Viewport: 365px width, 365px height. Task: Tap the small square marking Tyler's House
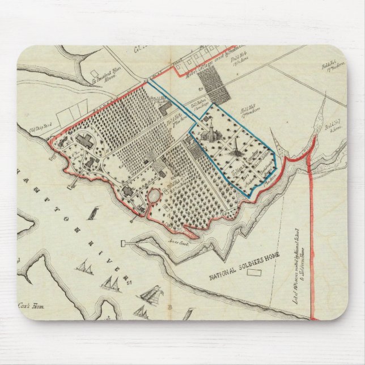point(92,73)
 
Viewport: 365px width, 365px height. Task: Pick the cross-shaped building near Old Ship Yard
point(82,140)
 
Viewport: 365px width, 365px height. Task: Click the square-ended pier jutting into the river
point(123,244)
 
